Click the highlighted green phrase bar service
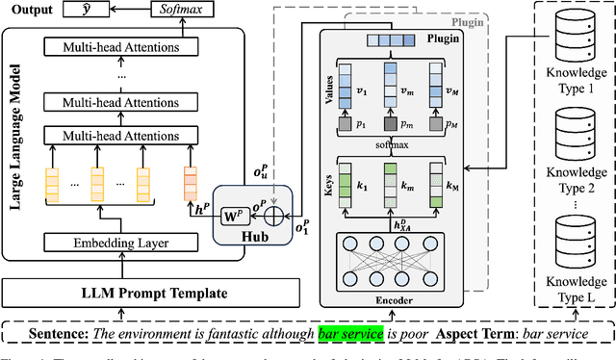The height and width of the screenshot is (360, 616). tap(351, 334)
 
